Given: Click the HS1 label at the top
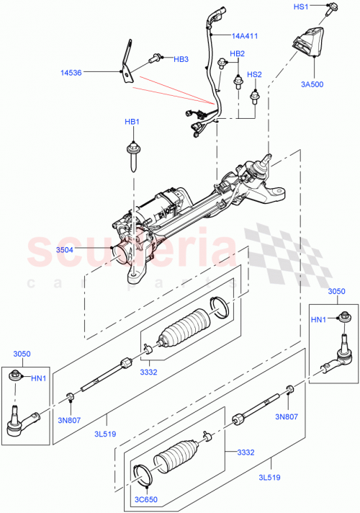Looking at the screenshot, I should (x=321, y=6).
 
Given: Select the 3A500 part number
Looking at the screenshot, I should (x=312, y=84).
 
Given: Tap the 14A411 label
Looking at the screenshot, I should (x=246, y=35).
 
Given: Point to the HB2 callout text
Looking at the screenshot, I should (x=237, y=54).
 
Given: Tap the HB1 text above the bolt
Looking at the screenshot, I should (x=132, y=122).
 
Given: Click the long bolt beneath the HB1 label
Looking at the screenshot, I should (x=132, y=156).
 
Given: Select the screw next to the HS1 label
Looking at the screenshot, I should (x=333, y=10).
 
